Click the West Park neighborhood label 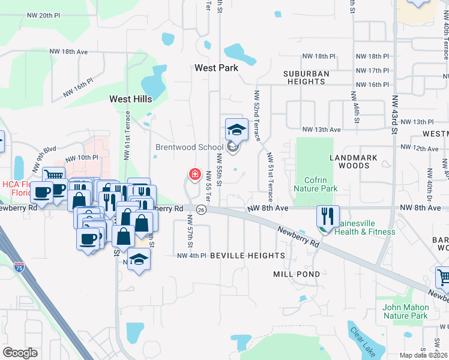pos(217,68)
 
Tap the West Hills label pos(130,98)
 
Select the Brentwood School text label pos(190,146)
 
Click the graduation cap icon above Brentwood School pos(237,129)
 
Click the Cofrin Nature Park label pos(315,184)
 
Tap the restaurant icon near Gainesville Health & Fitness pos(328,215)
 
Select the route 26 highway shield pos(201,209)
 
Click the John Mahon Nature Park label pos(405,311)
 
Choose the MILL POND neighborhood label pos(292,274)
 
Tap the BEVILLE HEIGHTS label pos(247,256)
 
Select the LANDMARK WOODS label pos(354,161)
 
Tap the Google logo pos(20,352)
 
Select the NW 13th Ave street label pos(321,129)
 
